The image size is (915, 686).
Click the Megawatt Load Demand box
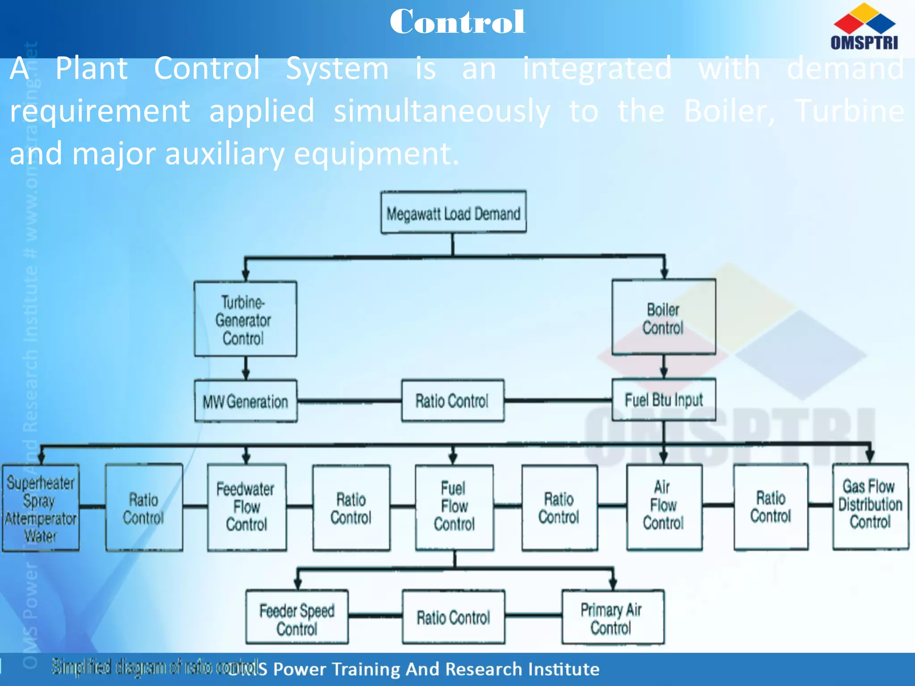[453, 213]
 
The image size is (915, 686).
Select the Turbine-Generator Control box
[245, 319]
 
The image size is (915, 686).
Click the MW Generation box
[246, 401]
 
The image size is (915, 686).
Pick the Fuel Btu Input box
[663, 400]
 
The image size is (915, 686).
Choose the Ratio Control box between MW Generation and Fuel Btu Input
[453, 401]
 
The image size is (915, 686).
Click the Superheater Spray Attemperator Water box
[41, 508]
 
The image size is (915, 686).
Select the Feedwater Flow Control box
[247, 507]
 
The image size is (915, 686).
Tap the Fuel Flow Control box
[454, 507]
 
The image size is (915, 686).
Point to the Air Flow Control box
[664, 506]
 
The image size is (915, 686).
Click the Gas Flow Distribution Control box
[870, 506]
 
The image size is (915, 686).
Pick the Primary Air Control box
[613, 617]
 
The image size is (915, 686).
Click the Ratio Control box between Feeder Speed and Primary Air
[453, 617]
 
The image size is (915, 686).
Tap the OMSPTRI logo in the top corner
[864, 27]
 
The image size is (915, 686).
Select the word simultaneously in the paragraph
[441, 111]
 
